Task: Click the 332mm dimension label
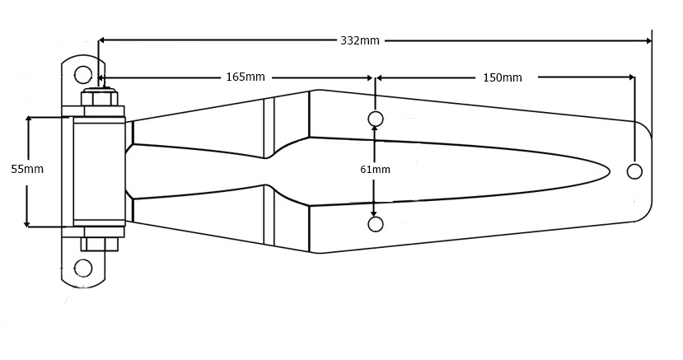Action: point(360,40)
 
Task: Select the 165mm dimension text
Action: point(246,77)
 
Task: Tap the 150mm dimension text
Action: point(502,77)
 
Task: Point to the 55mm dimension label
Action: point(27,169)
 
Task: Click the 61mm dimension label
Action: point(375,170)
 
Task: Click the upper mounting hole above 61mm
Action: point(376,119)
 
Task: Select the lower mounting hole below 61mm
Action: point(376,224)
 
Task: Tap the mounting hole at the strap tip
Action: point(634,171)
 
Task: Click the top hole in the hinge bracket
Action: point(83,75)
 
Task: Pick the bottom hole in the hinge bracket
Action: point(83,268)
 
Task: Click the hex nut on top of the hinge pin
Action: point(99,98)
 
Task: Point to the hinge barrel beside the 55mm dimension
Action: point(99,171)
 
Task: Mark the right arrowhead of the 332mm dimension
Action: point(648,40)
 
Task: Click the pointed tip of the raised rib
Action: point(608,171)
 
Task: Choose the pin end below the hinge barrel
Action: point(99,244)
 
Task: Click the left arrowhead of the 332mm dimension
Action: point(102,40)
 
